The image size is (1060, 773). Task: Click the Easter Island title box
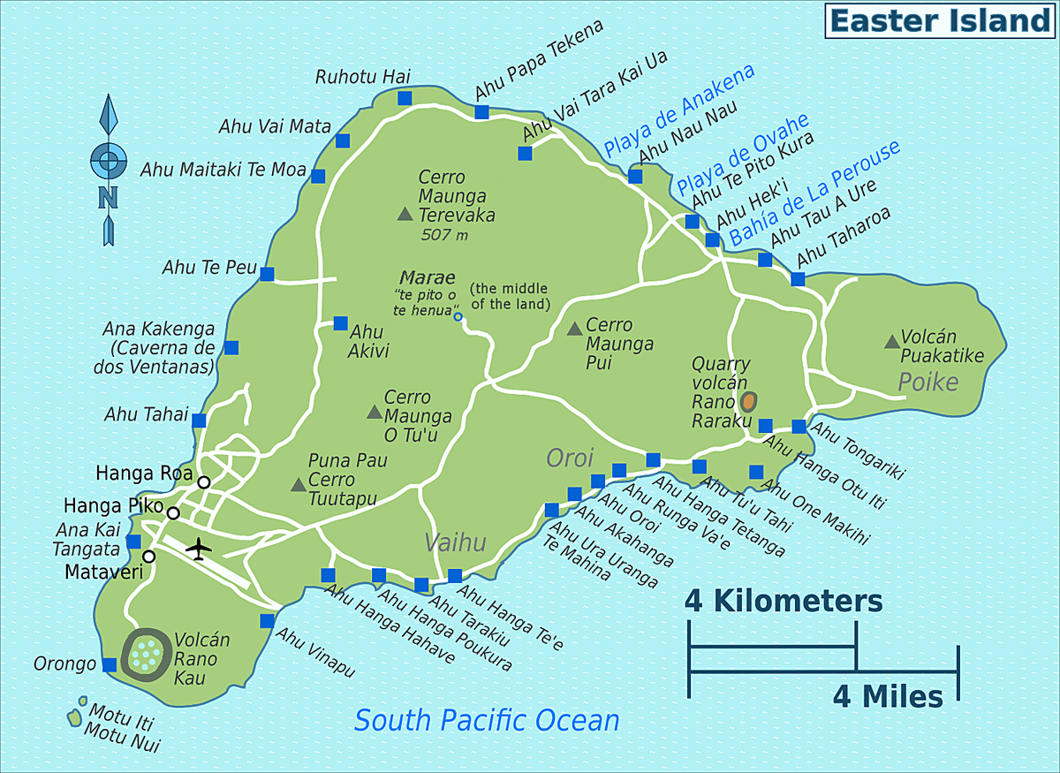(x=940, y=20)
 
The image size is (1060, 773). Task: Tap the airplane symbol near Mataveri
(x=200, y=549)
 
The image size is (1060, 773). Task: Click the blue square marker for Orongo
(x=110, y=664)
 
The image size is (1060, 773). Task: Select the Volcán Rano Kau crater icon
(x=147, y=654)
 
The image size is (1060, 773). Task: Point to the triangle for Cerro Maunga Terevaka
(x=405, y=213)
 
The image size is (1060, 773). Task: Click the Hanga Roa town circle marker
(x=204, y=481)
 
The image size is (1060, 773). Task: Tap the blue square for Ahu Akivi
(x=340, y=323)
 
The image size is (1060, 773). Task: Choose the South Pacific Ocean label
(x=487, y=720)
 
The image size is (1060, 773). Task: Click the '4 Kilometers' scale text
(x=784, y=602)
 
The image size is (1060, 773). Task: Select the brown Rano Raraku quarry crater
(x=749, y=402)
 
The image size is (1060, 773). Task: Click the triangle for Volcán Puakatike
(x=890, y=341)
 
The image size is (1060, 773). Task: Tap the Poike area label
(x=927, y=382)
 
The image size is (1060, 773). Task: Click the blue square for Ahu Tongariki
(x=799, y=427)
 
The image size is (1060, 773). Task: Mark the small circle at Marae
(x=458, y=316)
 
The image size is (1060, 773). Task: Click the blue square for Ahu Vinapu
(x=267, y=621)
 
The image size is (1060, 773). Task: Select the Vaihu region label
(x=455, y=542)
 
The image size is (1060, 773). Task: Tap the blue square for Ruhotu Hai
(x=405, y=98)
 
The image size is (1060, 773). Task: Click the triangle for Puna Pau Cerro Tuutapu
(x=298, y=484)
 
